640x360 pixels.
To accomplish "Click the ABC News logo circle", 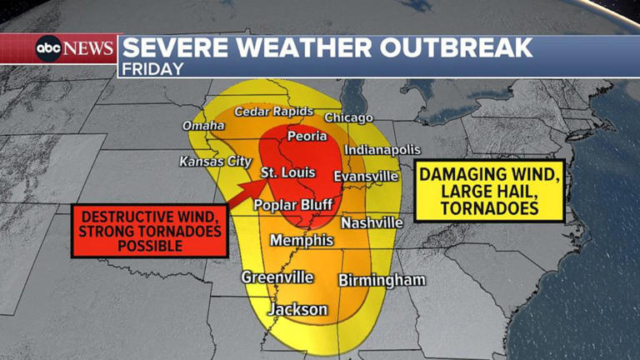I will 48,49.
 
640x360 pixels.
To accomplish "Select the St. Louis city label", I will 287,173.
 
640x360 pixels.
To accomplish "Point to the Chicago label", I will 348,117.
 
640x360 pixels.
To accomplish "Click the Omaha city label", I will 203,126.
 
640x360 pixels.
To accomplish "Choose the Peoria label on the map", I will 307,136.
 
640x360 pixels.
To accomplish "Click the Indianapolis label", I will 382,150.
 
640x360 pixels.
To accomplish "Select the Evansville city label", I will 366,177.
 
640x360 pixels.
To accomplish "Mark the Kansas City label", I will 215,162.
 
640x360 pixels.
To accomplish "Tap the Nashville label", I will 372,223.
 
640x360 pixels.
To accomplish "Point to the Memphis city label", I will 301,241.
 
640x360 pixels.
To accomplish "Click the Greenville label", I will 277,277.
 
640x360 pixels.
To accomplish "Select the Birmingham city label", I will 382,281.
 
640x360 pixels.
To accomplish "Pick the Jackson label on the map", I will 297,309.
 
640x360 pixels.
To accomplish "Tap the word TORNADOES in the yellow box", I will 490,208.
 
